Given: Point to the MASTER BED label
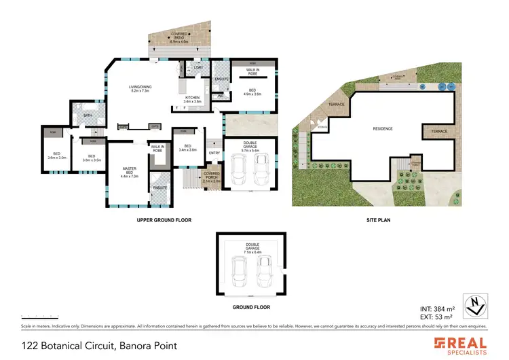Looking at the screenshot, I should coord(129,170).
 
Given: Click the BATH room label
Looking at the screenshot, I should coord(88,115).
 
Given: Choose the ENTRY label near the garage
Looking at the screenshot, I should coord(214,153).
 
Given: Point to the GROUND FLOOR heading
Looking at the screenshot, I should coord(250,306).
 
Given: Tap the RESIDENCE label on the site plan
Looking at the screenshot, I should coord(383,129).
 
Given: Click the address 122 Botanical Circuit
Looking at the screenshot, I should coord(99,346).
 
